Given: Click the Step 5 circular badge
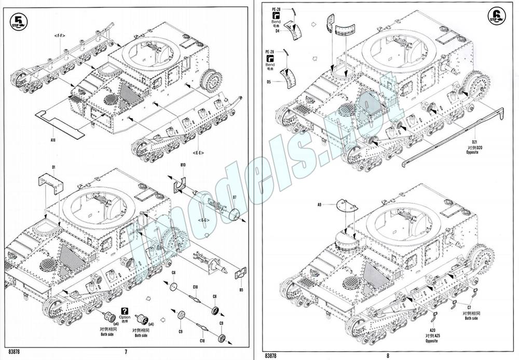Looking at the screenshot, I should pyautogui.click(x=19, y=21).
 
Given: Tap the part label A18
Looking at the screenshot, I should pyautogui.click(x=53, y=140).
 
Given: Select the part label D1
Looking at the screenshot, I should pyautogui.click(x=53, y=167).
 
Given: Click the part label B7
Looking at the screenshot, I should pyautogui.click(x=235, y=198).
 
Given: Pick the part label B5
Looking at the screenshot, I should pyautogui.click(x=241, y=290).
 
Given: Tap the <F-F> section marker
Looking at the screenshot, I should pyautogui.click(x=59, y=35).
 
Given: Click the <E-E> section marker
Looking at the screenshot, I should pyautogui.click(x=198, y=153).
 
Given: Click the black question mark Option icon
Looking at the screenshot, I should pyautogui.click(x=125, y=310).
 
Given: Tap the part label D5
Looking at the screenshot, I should pyautogui.click(x=269, y=82).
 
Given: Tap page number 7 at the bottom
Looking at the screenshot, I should pyautogui.click(x=126, y=352).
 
